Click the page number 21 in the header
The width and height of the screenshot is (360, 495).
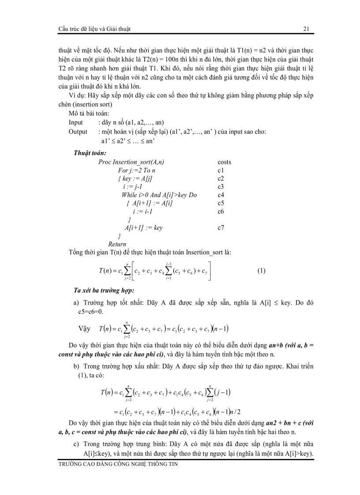click(306, 29)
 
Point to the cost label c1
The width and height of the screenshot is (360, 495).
click(221, 170)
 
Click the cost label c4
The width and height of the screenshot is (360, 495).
click(221, 195)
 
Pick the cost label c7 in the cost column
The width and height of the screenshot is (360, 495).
click(221, 228)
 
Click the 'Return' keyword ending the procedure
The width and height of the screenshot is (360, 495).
click(117, 244)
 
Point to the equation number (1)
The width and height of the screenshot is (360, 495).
click(261, 271)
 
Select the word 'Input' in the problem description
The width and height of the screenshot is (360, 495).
click(76, 122)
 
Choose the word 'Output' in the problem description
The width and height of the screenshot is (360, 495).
click(78, 131)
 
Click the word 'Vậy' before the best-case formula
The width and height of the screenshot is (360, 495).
click(84, 329)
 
